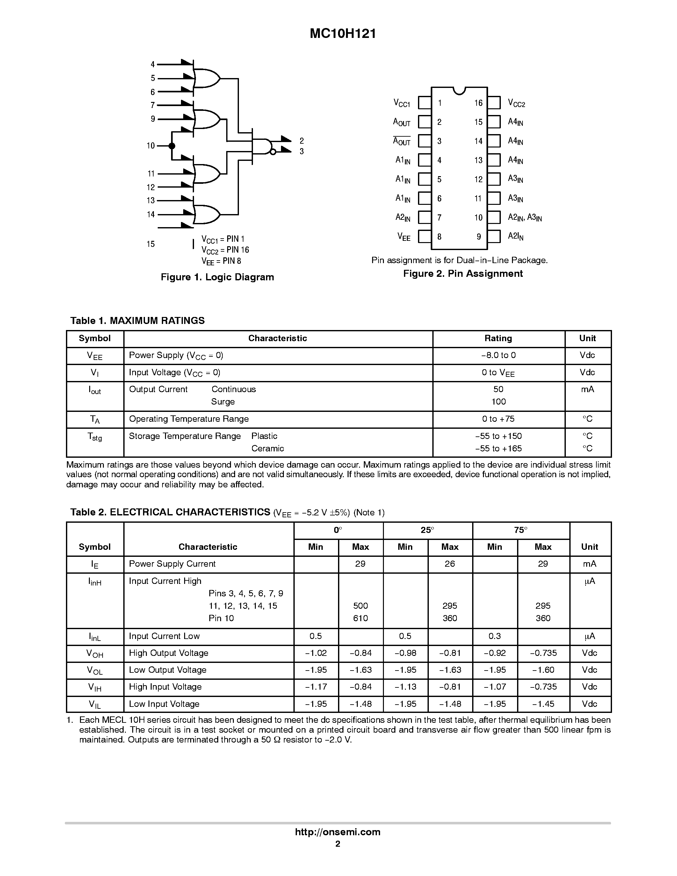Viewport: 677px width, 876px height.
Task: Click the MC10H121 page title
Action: pyautogui.click(x=343, y=34)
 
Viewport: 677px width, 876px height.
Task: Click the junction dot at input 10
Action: pyautogui.click(x=172, y=146)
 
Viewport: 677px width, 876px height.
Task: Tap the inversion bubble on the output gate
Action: pyautogui.click(x=273, y=152)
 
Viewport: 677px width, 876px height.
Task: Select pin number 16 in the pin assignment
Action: pyautogui.click(x=478, y=103)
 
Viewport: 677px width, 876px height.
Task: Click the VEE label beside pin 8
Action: pyautogui.click(x=403, y=237)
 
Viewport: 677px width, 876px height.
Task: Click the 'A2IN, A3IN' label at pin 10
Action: pyautogui.click(x=525, y=218)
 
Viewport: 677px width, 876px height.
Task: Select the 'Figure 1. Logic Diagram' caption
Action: pyautogui.click(x=217, y=277)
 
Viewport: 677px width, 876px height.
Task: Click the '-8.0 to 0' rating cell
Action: pyautogui.click(x=498, y=355)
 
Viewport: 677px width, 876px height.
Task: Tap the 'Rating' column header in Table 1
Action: pyautogui.click(x=498, y=338)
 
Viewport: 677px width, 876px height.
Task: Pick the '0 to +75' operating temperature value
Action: pyautogui.click(x=498, y=419)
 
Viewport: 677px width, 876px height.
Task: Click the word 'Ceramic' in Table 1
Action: pyautogui.click(x=268, y=449)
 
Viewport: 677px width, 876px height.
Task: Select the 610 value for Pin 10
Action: pyautogui.click(x=360, y=618)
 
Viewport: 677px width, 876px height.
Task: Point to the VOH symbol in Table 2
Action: pyautogui.click(x=95, y=653)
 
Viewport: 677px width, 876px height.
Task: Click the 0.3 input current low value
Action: pyautogui.click(x=494, y=636)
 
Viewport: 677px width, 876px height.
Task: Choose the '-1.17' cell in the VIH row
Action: pyautogui.click(x=316, y=687)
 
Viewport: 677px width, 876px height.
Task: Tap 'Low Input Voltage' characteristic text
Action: pyautogui.click(x=164, y=704)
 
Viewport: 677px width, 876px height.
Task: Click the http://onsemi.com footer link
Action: pyautogui.click(x=338, y=832)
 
